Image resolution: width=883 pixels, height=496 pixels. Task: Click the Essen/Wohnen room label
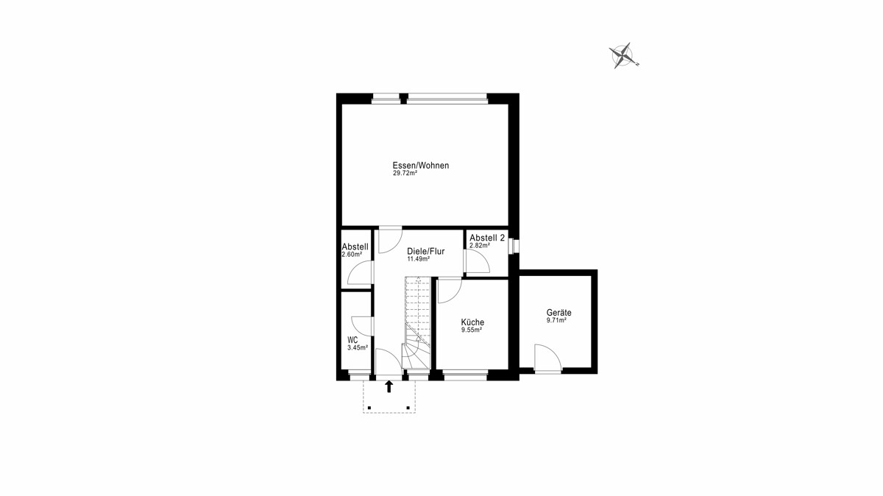421,165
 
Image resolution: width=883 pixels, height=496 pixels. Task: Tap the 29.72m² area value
405,173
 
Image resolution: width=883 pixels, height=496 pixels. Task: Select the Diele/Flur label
426,251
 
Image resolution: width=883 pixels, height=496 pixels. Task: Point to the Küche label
472,322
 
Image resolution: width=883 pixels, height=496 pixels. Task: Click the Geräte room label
559,313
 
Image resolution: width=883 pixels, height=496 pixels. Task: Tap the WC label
352,340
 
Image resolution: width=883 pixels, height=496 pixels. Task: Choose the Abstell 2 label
487,238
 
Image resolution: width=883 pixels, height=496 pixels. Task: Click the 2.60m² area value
352,255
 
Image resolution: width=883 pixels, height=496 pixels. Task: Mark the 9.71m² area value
556,321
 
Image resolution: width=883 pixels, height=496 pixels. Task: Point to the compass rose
623,56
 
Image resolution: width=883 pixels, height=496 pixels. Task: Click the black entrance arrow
389,386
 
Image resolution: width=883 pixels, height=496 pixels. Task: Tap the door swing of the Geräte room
547,358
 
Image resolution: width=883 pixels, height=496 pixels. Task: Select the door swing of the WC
86,326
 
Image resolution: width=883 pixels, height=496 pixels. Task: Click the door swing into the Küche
450,291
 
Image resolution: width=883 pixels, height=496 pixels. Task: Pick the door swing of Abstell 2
478,261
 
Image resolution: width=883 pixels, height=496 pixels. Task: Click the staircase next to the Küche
417,322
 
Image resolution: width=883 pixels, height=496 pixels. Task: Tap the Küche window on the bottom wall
466,375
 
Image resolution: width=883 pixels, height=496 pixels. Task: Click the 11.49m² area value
418,259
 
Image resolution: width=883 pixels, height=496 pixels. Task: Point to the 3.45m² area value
358,348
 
